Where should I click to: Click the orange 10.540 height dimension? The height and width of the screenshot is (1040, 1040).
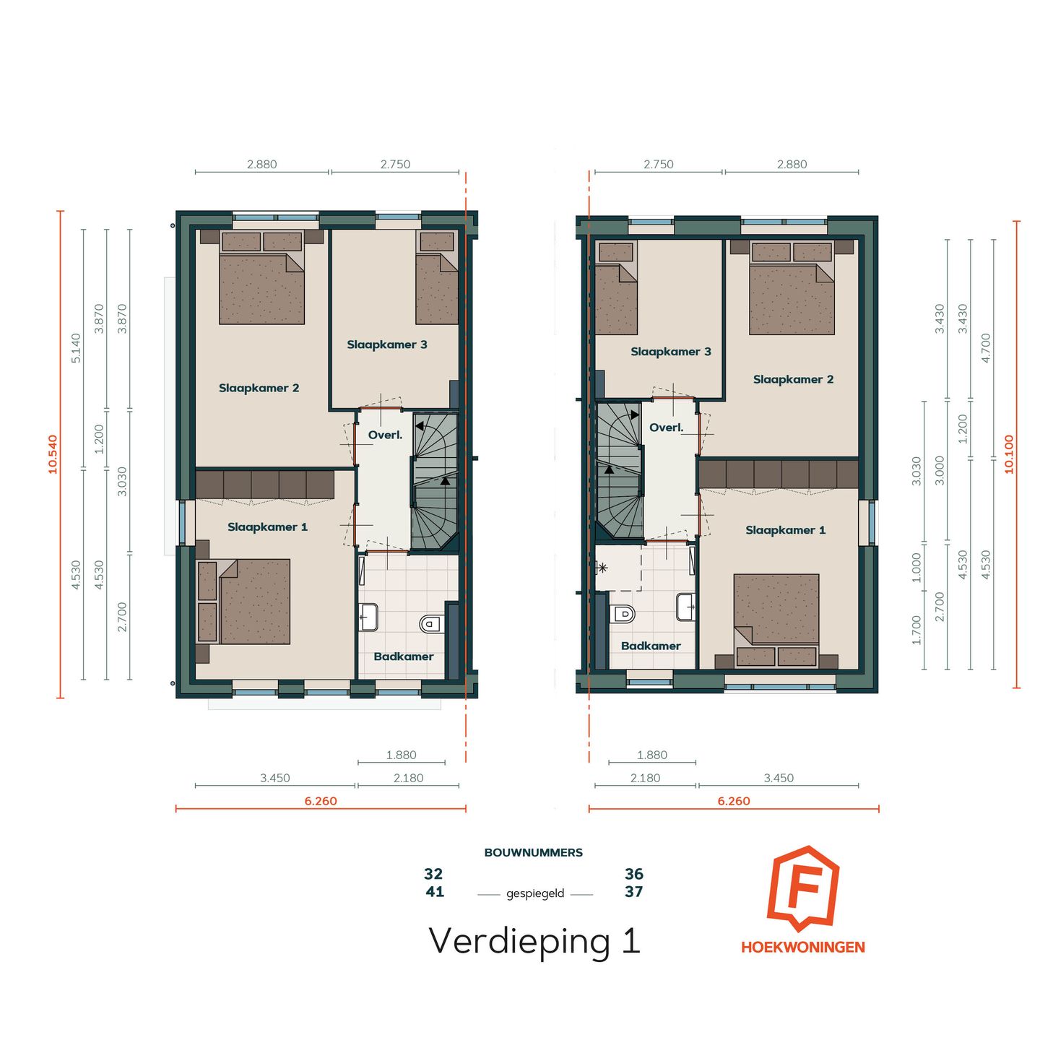pos(53,454)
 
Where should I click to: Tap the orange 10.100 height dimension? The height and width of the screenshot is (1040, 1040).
pos(1009,454)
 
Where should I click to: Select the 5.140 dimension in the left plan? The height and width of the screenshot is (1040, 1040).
pos(76,348)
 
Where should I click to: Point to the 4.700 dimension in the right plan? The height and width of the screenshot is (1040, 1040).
pos(986,347)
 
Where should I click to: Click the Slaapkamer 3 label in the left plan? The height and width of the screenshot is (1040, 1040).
pos(387,344)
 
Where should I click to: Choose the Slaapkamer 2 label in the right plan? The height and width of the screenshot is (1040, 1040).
pos(793,379)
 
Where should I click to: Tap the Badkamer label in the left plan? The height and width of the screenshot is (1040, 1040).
pos(404,656)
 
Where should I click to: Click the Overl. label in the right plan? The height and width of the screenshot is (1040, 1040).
pos(666,428)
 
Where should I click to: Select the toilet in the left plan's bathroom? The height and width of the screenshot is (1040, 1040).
pos(431,623)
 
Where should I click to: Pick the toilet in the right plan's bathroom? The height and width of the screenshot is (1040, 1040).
pos(623,614)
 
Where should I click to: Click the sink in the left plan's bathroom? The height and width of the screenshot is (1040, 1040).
pos(368,617)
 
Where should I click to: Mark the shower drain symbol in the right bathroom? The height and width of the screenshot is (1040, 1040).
pos(602,568)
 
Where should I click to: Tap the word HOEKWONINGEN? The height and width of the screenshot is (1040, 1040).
pos(802,948)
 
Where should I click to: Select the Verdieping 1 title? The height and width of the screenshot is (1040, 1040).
pos(534,941)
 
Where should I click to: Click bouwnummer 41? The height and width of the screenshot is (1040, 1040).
pos(435,892)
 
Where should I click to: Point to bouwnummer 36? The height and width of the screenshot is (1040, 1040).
pos(634,874)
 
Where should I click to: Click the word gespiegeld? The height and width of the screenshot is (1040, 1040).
pos(535,893)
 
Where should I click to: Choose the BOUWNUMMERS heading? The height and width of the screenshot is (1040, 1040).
pos(533,853)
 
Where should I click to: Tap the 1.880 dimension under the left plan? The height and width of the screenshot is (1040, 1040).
pos(401,755)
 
